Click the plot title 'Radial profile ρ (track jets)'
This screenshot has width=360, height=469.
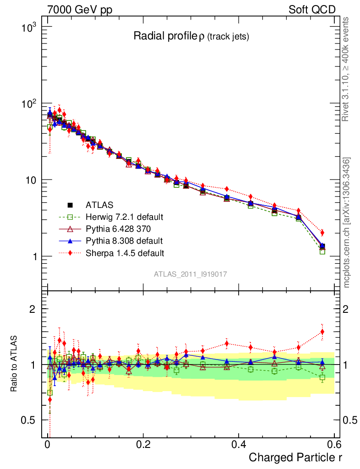pos(191,37)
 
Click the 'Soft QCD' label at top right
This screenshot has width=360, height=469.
pos(312,10)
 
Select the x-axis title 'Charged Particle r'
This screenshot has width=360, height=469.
pos(295,457)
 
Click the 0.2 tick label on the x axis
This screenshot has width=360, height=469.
pos(143,444)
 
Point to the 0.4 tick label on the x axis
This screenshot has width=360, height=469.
pos(239,444)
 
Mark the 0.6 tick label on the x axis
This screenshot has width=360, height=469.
pos(334,444)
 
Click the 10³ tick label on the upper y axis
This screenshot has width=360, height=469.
pos(28,27)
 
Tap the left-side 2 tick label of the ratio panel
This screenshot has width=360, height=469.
pos(33,309)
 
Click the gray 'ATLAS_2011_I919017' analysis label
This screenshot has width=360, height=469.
pos(191,274)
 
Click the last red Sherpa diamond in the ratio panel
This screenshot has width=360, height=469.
pos(322,332)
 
